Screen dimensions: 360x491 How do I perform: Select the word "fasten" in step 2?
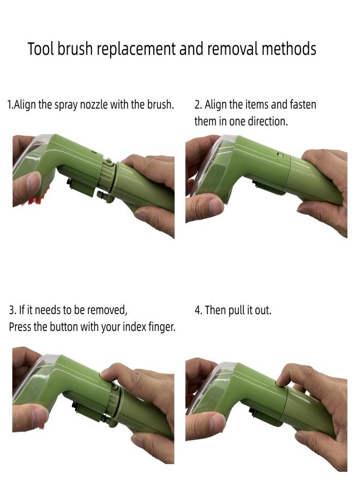[303, 104]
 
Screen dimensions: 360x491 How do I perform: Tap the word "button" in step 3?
[64, 327]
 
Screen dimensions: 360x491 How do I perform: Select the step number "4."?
[199, 310]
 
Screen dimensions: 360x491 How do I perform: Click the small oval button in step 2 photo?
[280, 155]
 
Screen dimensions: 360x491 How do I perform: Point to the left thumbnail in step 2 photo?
[216, 205]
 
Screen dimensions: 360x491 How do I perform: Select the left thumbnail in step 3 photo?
[40, 416]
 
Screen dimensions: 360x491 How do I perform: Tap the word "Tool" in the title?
[41, 49]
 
